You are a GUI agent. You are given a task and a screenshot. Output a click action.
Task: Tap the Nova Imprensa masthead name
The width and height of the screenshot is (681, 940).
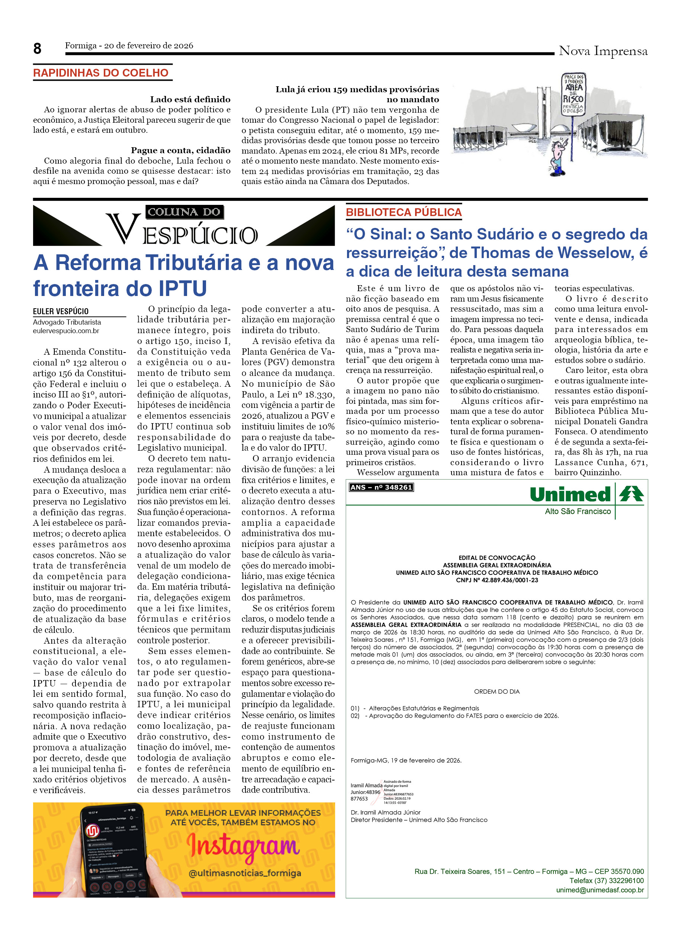pos(603,51)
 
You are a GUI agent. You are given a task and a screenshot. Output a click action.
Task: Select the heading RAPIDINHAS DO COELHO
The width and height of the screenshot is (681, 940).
pos(101,73)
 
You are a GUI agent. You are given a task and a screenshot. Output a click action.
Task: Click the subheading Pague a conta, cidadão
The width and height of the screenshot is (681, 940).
pos(180,151)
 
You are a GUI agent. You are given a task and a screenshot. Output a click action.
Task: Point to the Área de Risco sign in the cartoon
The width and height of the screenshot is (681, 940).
pos(574,94)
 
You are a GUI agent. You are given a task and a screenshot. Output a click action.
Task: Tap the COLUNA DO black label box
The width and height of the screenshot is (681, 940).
pos(184,212)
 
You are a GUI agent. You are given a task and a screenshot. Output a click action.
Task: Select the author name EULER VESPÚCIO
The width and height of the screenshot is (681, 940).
pos(61,311)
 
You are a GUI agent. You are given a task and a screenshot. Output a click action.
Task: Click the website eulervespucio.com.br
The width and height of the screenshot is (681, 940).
pos(66,331)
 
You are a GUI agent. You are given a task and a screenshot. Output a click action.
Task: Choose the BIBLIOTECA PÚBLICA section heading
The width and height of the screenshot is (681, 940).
pos(403,212)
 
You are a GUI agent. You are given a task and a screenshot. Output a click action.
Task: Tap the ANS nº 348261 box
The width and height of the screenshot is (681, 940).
pos(381,487)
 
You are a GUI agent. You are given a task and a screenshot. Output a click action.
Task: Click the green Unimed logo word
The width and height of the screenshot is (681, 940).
pos(570,495)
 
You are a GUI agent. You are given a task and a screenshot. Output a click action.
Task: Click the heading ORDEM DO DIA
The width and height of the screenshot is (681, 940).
pos(497,692)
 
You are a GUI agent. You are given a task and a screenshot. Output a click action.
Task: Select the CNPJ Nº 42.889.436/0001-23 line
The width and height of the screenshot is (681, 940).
pos(497,580)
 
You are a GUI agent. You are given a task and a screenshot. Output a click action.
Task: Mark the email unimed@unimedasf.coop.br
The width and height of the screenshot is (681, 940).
pos(600,890)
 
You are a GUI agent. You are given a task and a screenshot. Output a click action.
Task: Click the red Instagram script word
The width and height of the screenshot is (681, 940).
pos(242,846)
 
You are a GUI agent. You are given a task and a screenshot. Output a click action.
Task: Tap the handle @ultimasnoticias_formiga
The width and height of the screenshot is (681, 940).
pos(245,874)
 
